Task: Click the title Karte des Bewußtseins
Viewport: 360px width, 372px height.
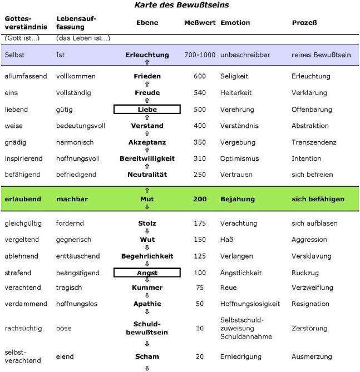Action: pos(181,5)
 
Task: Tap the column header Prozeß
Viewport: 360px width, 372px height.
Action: pos(305,23)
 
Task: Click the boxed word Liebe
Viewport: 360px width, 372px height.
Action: pos(147,110)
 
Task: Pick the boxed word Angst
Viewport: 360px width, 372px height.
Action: pos(147,273)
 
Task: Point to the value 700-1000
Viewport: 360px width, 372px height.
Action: pos(199,55)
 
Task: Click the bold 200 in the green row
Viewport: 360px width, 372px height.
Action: pos(199,199)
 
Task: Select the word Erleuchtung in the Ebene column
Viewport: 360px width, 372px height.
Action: pos(147,55)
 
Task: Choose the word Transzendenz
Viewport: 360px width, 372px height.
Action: pos(314,142)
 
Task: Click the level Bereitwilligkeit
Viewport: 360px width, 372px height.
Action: pos(147,158)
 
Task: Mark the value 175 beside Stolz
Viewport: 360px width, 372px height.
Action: pos(199,224)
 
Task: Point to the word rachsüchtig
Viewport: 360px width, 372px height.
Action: pos(22,328)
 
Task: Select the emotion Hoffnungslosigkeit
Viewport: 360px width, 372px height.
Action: pos(250,304)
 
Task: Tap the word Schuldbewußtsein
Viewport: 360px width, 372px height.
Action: pos(147,328)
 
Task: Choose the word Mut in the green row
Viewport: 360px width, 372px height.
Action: pos(147,199)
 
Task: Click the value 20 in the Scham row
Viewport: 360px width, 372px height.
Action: pos(199,356)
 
